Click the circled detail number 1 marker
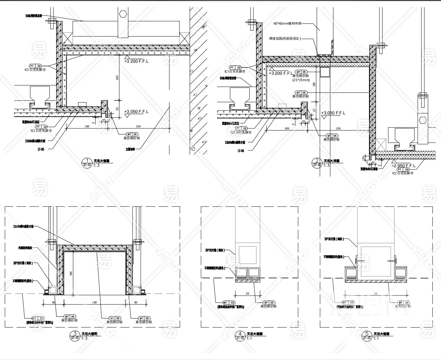87,161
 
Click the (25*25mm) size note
301,80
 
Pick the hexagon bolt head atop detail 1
123,14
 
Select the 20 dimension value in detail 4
247,294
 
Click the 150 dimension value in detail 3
94,302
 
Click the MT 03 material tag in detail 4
229,303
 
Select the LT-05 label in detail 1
41,149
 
